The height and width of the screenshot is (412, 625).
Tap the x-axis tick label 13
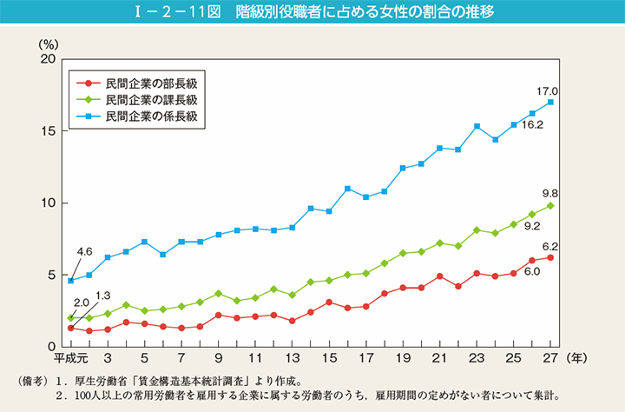[x=293, y=357]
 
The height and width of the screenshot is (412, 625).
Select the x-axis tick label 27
[x=550, y=357]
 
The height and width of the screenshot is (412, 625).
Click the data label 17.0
[x=547, y=90]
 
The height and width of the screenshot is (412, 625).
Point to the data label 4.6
[x=84, y=252]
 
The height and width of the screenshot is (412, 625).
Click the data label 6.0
[x=532, y=272]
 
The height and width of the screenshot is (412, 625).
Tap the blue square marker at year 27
[x=551, y=102]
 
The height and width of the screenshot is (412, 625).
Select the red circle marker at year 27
[x=551, y=257]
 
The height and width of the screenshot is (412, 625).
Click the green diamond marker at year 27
[x=551, y=206]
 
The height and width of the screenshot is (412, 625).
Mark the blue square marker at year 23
[x=477, y=126]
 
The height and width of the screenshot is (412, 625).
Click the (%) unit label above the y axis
[x=48, y=43]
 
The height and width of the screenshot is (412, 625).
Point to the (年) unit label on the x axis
[x=576, y=357]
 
